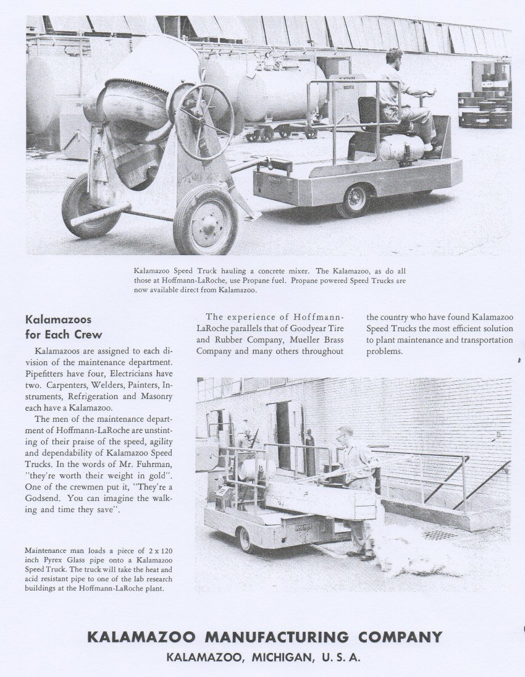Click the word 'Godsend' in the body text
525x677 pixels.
(44, 498)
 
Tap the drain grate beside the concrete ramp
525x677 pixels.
(440, 534)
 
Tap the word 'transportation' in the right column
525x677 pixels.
(483, 340)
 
